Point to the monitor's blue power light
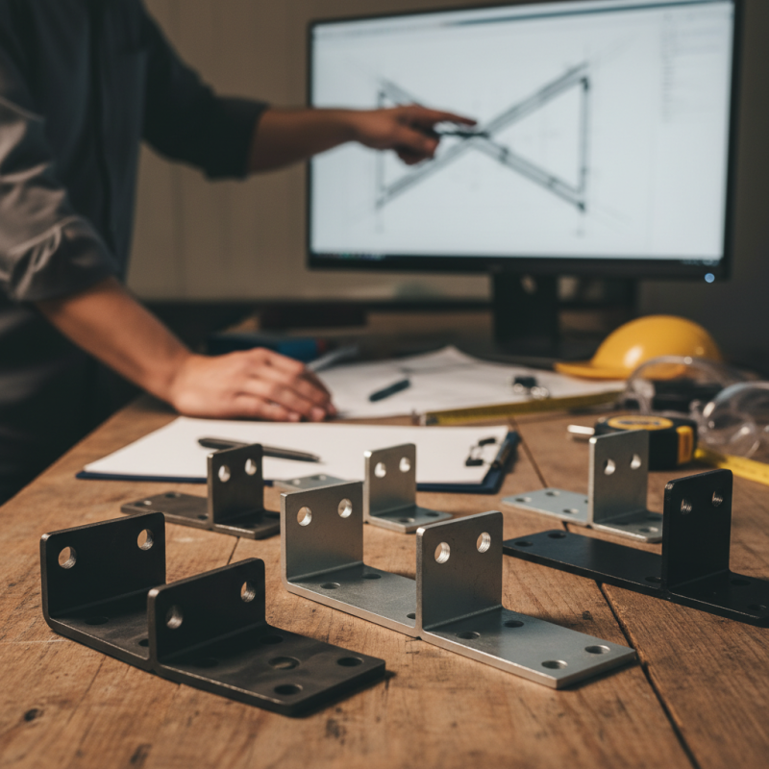coord(709,277)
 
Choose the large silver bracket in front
coord(452,586)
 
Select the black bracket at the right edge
coord(673,548)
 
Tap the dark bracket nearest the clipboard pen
coord(221,495)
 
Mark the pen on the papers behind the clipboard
coord(389,388)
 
